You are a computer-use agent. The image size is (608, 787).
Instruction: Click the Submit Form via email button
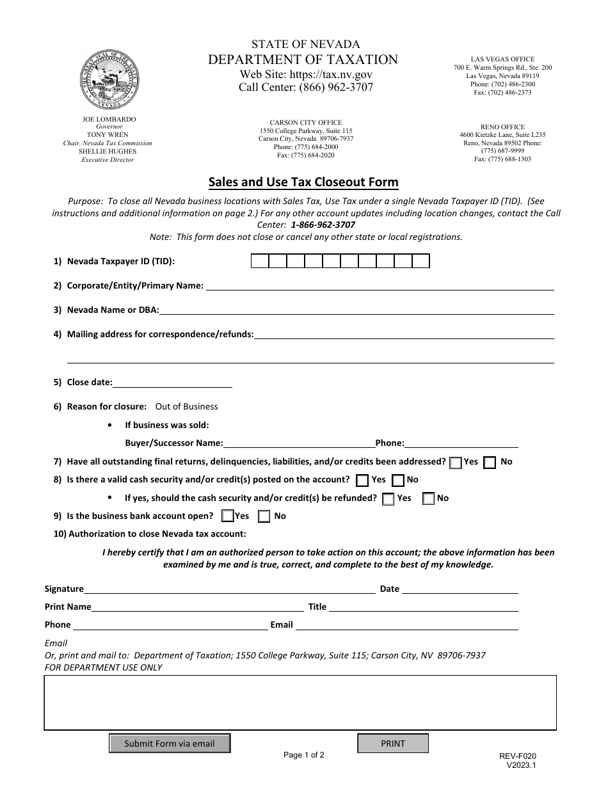coord(170,743)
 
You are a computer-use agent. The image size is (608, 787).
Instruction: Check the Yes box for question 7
coord(456,463)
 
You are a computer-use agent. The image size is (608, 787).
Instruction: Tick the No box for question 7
coord(490,463)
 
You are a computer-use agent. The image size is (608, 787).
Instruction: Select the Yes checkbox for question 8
coord(362,481)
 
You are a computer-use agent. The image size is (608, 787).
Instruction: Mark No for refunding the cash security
coord(429,499)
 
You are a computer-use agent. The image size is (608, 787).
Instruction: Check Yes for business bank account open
coord(227,516)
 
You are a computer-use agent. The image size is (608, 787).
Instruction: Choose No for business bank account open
coord(264,516)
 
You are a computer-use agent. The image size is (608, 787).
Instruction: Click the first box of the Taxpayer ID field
coord(259,261)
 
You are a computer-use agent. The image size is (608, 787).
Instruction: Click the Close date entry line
coord(172,382)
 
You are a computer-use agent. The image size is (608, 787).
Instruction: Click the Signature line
coord(229,589)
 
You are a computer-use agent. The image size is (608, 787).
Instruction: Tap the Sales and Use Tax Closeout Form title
coord(303,182)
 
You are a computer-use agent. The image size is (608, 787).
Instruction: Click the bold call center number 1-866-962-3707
coord(323,225)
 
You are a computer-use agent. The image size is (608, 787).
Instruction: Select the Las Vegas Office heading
coord(502,59)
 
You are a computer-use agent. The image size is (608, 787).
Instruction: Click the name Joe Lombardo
coord(109,119)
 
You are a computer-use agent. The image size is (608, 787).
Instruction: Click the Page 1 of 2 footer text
coord(304,755)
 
